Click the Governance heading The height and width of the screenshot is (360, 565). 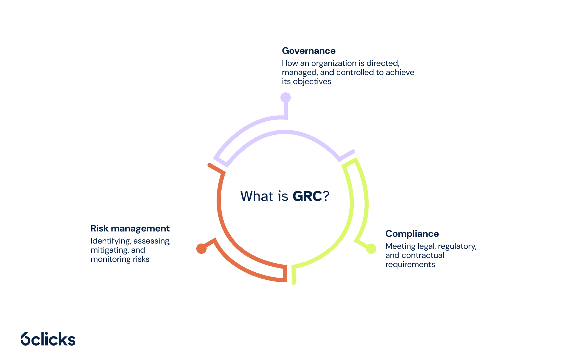click(x=308, y=51)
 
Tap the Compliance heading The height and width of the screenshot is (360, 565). click(x=412, y=234)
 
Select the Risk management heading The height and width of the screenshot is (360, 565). click(x=130, y=229)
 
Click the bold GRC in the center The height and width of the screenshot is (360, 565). click(x=307, y=196)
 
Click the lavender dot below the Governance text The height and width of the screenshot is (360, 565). click(x=285, y=97)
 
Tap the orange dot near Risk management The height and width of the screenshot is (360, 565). click(x=201, y=249)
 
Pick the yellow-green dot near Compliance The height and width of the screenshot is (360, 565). click(x=371, y=249)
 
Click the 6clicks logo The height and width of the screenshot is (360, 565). click(x=48, y=339)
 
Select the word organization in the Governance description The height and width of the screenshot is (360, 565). click(x=334, y=64)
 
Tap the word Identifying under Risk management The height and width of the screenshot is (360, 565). click(x=111, y=241)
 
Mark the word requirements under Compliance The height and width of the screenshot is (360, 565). click(x=410, y=264)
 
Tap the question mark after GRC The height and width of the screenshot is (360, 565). click(x=326, y=196)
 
